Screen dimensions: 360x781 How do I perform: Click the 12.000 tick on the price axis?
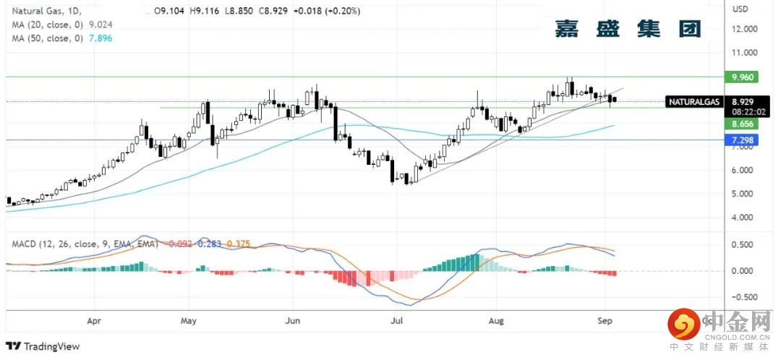tap(744, 29)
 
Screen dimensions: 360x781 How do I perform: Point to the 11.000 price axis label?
tap(744, 53)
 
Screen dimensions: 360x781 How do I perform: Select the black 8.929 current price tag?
tap(744, 103)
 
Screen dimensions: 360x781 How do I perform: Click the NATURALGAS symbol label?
tap(693, 103)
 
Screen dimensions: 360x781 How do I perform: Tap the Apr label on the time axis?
tap(93, 319)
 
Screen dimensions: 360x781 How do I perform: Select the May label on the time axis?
tap(188, 319)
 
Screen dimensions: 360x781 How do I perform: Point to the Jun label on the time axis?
tap(292, 319)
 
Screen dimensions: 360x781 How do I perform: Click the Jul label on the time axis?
tap(396, 319)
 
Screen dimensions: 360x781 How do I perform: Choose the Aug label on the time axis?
tap(495, 319)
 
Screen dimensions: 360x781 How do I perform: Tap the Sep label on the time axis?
tap(605, 319)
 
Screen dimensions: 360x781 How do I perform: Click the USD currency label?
tap(741, 9)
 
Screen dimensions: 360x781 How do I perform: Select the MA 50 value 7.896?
tap(101, 38)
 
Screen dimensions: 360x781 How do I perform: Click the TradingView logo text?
tap(51, 346)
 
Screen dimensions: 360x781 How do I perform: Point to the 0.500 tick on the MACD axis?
tap(744, 245)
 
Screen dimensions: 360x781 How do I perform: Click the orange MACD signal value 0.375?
tap(238, 244)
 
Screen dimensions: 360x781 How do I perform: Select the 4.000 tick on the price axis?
tap(744, 218)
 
